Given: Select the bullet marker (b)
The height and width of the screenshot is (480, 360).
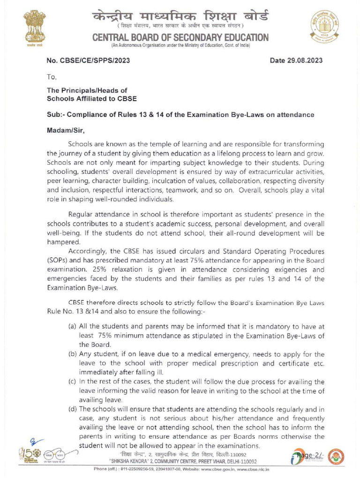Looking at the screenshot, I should click(x=73, y=354).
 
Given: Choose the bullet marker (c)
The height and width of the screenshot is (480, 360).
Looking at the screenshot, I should click(x=73, y=382).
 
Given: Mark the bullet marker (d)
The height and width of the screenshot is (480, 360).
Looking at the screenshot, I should click(x=73, y=409).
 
